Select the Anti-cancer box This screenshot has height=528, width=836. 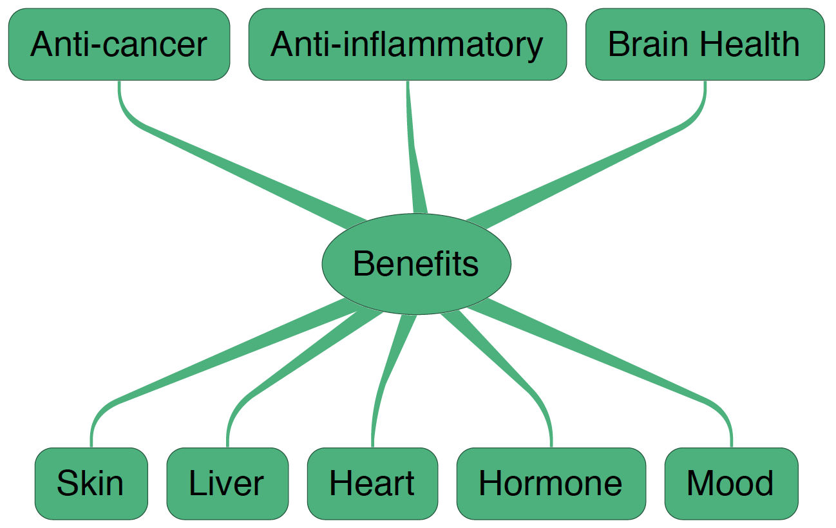point(119,44)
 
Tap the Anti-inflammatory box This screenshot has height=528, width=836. point(407,44)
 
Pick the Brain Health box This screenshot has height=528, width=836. point(705,44)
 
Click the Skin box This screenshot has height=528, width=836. point(91,484)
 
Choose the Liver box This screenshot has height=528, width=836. point(227,484)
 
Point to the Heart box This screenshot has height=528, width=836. point(372,484)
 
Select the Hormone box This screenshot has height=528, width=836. point(551,484)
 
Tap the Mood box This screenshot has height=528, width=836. point(731,484)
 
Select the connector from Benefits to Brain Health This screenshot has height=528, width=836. point(580,174)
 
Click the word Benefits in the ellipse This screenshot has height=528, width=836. point(416,263)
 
